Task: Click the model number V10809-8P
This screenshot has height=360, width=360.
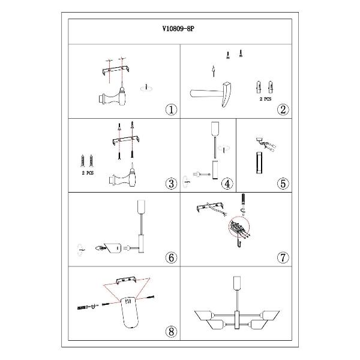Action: [178, 29]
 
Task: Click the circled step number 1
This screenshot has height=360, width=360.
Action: [171, 110]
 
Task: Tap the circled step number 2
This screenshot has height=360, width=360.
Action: [283, 110]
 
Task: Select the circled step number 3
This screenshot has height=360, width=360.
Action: [171, 184]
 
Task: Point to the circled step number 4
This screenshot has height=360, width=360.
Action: [227, 184]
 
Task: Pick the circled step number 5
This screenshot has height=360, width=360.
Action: [283, 184]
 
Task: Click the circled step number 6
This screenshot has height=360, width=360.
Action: [171, 257]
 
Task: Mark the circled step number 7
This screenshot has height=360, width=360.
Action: [283, 257]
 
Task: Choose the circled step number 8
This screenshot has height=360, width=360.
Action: [171, 332]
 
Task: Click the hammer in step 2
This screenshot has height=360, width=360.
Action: [211, 94]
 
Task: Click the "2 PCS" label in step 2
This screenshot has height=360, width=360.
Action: [265, 99]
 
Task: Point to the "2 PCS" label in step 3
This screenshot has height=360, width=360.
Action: [88, 173]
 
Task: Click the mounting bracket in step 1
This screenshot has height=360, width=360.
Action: [115, 70]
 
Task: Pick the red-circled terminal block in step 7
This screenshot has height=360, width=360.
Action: [239, 227]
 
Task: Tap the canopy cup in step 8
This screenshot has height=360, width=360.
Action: [130, 312]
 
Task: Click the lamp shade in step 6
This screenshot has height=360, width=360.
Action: [112, 248]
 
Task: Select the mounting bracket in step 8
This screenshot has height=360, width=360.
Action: [127, 280]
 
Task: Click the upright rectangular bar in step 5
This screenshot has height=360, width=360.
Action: [260, 163]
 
